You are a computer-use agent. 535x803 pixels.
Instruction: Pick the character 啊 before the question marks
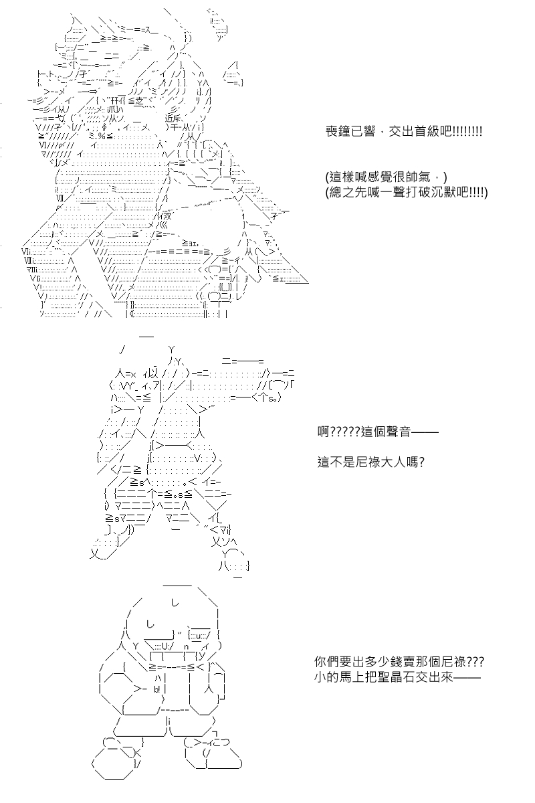[x=324, y=432]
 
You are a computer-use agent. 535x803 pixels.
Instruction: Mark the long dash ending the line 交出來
[x=467, y=677]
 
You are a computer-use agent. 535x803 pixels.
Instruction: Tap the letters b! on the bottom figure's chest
[x=157, y=689]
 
